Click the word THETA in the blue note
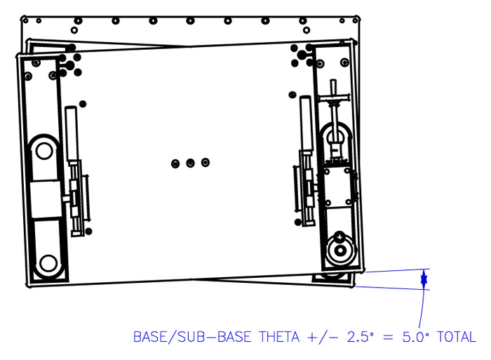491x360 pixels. click(279, 337)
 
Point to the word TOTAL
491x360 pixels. click(457, 337)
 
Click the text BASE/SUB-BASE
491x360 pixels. click(192, 337)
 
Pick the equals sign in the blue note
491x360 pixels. click(388, 338)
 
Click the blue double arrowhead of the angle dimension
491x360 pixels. click(424, 279)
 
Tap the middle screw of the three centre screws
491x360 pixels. click(190, 163)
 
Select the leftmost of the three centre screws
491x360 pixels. click(175, 164)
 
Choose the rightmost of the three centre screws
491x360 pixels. click(206, 162)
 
